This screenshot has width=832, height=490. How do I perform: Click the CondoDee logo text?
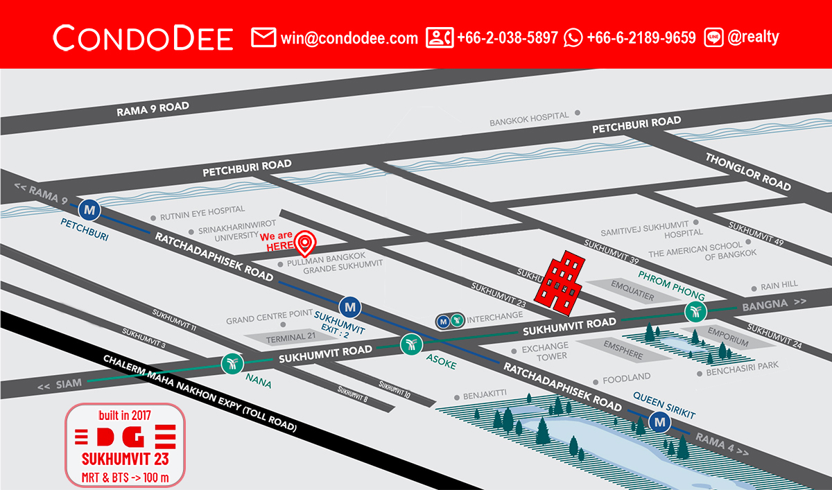click(143, 38)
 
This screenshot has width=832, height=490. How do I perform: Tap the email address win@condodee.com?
click(349, 38)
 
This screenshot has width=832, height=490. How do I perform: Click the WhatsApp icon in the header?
click(573, 37)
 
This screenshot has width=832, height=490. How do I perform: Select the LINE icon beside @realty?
click(713, 37)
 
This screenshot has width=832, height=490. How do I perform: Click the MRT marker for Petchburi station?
click(89, 209)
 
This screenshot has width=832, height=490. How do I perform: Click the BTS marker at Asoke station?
click(410, 343)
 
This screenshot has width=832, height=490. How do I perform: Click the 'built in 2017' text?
click(125, 416)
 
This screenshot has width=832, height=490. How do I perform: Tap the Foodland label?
click(626, 378)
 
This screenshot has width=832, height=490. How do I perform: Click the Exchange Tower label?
click(545, 351)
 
